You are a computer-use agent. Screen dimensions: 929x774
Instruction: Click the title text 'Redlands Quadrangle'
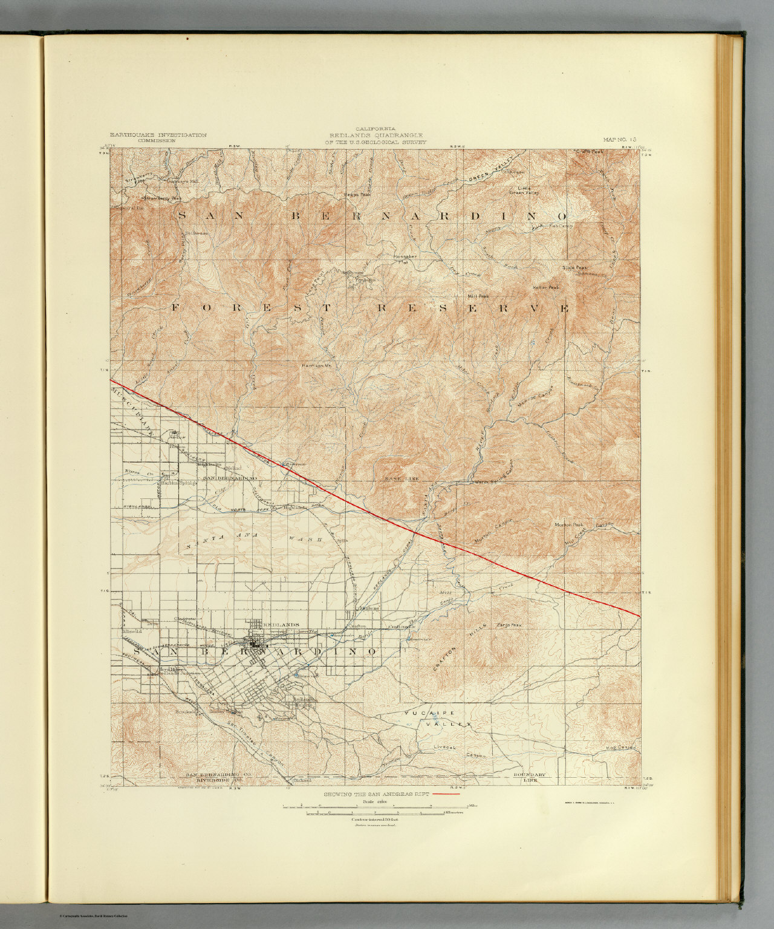376,135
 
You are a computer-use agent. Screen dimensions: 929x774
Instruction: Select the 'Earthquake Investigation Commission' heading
158,137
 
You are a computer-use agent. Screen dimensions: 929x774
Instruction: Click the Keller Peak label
546,287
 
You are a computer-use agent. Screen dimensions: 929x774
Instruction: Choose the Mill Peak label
478,296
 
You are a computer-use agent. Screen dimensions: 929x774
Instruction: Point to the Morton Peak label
569,524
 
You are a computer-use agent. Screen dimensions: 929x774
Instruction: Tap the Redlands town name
282,624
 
